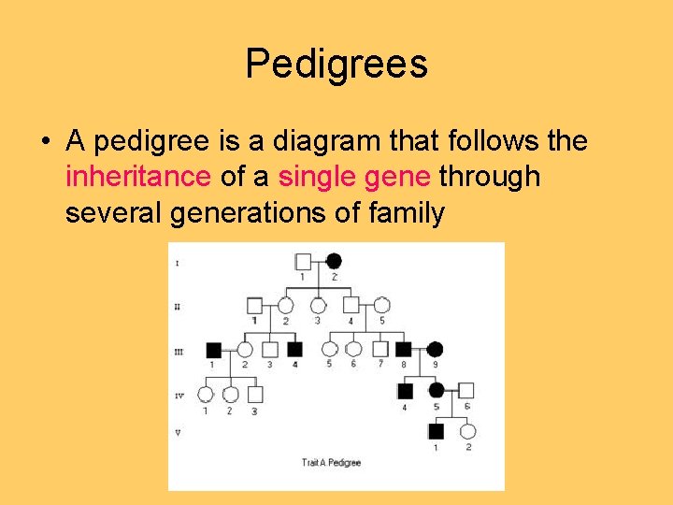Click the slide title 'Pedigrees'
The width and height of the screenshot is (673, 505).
[336, 65]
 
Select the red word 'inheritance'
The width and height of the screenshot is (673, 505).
[138, 176]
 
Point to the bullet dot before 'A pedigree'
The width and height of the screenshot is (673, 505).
[46, 142]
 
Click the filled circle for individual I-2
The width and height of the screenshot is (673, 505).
[334, 261]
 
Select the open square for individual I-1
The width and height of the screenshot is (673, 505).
[303, 261]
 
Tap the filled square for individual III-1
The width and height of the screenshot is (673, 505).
[213, 349]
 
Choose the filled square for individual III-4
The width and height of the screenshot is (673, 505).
[294, 349]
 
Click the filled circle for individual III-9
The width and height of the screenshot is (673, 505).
[435, 349]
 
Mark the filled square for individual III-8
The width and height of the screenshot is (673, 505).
[404, 349]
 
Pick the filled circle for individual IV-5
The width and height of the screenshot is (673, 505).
[436, 390]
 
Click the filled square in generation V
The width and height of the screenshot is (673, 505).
[436, 431]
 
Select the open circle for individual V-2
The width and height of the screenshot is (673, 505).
[467, 431]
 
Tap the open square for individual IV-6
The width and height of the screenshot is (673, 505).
[466, 390]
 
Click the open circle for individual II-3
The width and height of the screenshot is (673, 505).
[318, 305]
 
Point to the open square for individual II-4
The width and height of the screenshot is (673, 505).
[351, 305]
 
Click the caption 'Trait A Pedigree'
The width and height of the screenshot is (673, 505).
[331, 462]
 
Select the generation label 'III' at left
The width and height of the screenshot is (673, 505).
[178, 352]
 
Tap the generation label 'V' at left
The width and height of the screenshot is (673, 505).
[178, 433]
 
